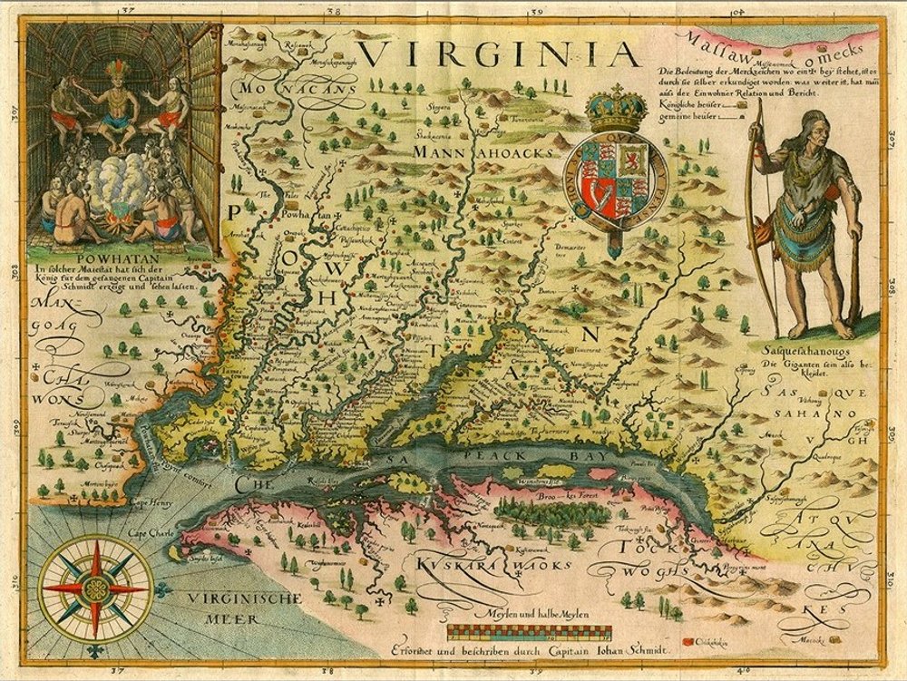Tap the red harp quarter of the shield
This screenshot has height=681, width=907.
599,192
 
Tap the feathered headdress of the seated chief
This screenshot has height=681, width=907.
116,71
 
